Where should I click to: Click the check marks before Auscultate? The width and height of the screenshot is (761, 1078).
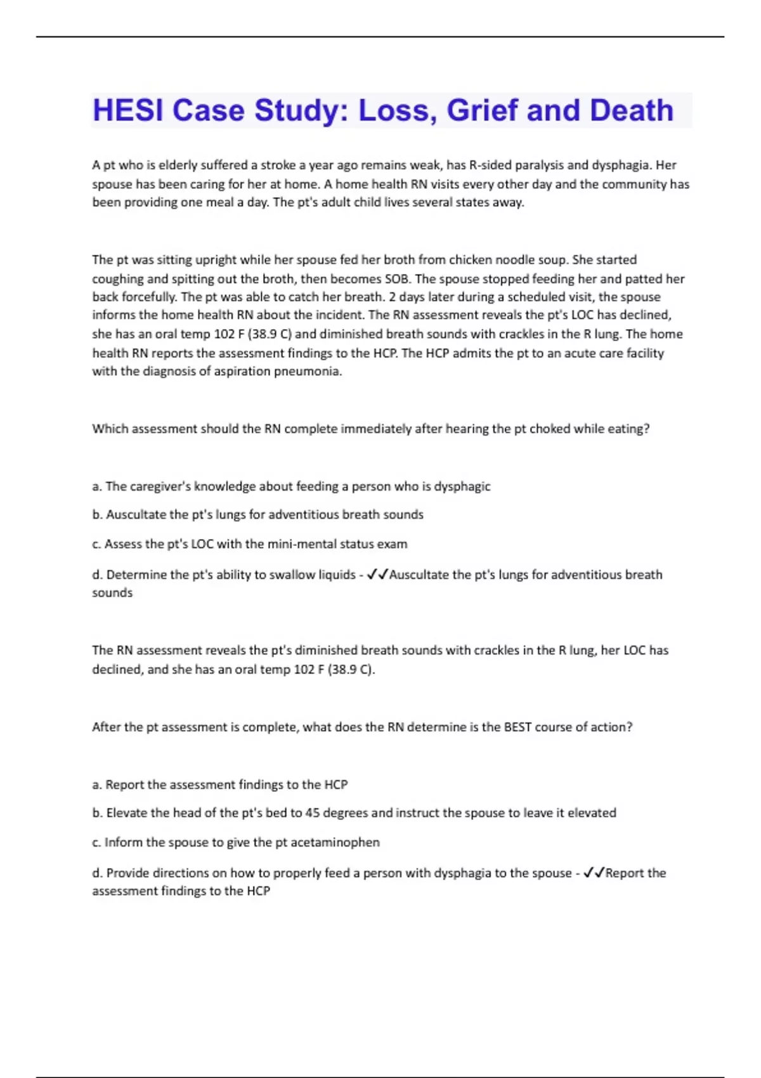tap(377, 575)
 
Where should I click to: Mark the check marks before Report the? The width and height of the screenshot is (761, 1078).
tap(594, 873)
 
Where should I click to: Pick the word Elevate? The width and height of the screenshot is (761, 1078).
tap(126, 813)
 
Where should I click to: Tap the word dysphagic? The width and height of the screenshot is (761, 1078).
tap(462, 486)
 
